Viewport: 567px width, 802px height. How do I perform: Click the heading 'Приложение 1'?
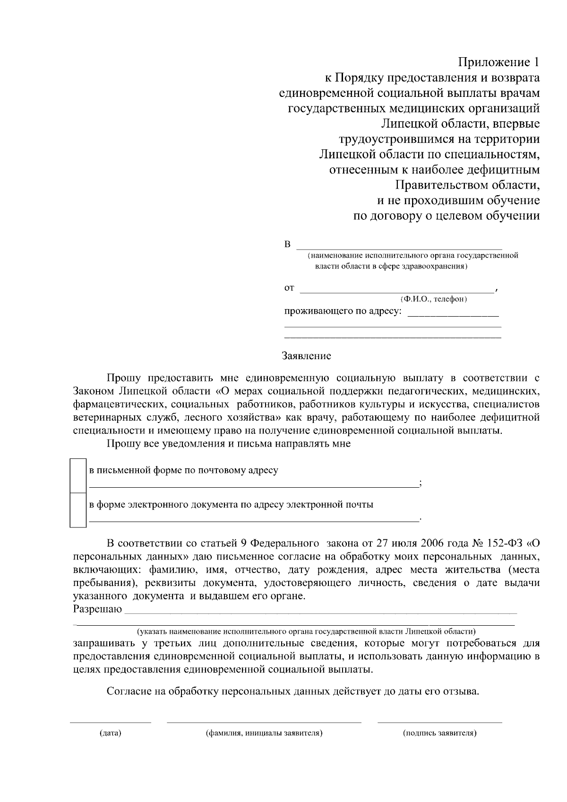click(x=498, y=62)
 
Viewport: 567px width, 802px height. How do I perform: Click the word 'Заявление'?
click(x=306, y=356)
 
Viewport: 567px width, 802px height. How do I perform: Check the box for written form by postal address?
click(x=78, y=475)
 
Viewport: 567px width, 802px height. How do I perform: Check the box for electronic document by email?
click(x=78, y=509)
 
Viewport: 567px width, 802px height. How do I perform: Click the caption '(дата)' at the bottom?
click(x=111, y=733)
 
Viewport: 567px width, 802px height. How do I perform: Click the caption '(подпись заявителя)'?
click(x=439, y=733)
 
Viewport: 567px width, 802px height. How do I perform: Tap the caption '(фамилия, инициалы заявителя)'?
click(x=264, y=733)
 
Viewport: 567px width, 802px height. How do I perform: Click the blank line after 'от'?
click(x=397, y=292)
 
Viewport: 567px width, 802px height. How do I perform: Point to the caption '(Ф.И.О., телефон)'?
click(x=433, y=299)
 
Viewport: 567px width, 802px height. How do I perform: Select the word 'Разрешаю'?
click(x=97, y=609)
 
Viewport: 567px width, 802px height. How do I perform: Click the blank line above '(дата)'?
click(x=111, y=722)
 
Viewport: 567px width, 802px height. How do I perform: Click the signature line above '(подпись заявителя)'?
click(x=439, y=722)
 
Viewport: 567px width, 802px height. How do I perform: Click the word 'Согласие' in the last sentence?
click(x=128, y=692)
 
